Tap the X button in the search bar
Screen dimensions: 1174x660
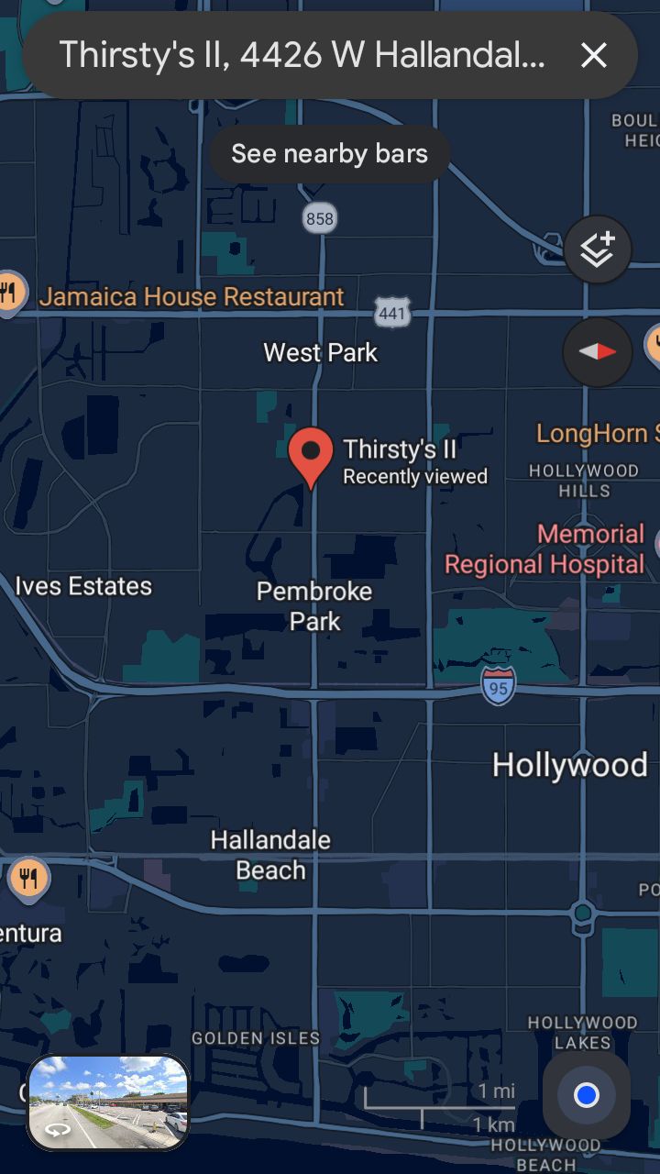594,56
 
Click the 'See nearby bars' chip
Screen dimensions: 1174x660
329,153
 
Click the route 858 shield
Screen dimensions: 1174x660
320,218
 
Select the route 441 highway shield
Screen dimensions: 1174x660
391,314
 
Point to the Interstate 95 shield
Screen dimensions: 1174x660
498,686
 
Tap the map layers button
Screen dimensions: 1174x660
597,249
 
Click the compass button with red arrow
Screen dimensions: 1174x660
597,351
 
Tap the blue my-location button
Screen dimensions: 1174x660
586,1094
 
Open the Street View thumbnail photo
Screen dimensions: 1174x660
108,1102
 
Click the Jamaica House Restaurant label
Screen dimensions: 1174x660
192,297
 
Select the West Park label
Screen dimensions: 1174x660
320,352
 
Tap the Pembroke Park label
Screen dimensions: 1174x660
314,606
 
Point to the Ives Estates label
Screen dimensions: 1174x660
83,586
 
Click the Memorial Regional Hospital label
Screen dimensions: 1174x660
545,548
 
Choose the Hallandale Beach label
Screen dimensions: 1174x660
270,855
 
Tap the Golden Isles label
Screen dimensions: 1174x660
256,1038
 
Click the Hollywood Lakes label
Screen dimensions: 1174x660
582,1032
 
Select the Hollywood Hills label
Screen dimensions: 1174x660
584,481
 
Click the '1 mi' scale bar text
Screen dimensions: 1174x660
496,1091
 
